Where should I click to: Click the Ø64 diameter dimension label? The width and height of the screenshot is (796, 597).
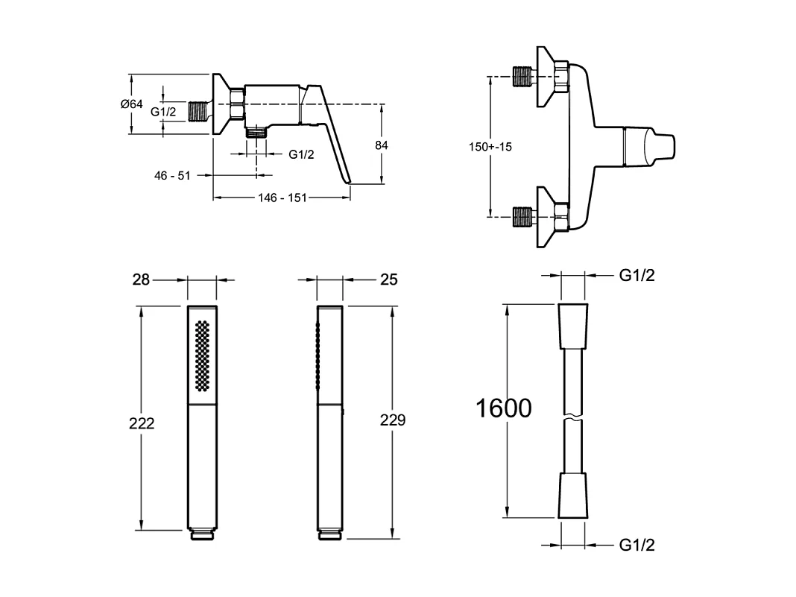131,104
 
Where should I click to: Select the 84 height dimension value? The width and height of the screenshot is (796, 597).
382,145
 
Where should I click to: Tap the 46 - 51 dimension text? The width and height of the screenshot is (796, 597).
172,176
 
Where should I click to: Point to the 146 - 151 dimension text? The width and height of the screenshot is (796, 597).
282,198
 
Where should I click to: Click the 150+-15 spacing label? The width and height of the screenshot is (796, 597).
490,147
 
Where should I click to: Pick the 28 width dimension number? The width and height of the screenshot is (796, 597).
141,279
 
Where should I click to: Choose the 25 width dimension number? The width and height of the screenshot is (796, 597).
389,279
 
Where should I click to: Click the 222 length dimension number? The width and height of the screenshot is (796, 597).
142,423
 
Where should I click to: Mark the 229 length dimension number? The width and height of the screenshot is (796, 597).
393,420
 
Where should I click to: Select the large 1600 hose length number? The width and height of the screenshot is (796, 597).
504,408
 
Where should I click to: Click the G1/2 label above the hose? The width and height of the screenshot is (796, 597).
637,275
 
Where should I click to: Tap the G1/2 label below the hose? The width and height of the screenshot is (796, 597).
637,545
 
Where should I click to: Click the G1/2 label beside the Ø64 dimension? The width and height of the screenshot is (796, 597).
163,112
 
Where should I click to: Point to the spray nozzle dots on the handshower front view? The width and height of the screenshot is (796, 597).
203,356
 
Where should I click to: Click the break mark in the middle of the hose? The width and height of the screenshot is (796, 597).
573,417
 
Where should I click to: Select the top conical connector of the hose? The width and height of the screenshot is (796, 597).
573,326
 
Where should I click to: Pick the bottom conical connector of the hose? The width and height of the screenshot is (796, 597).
573,496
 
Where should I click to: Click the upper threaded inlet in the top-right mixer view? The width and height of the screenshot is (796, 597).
522,77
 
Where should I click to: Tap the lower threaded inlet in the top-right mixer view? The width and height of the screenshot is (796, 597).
522,217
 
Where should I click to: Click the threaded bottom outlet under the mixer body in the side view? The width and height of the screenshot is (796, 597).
256,133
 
